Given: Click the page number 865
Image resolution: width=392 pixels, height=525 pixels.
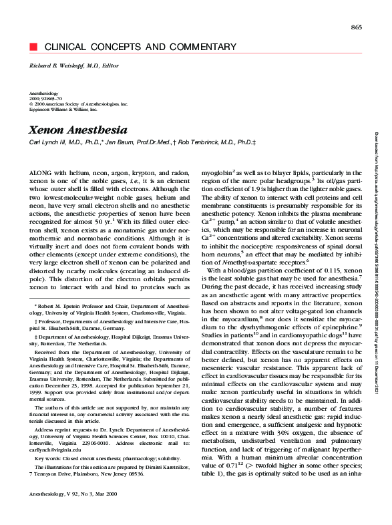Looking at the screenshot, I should tap(355, 26).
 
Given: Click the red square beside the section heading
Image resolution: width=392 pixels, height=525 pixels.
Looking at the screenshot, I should tap(31, 47).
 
